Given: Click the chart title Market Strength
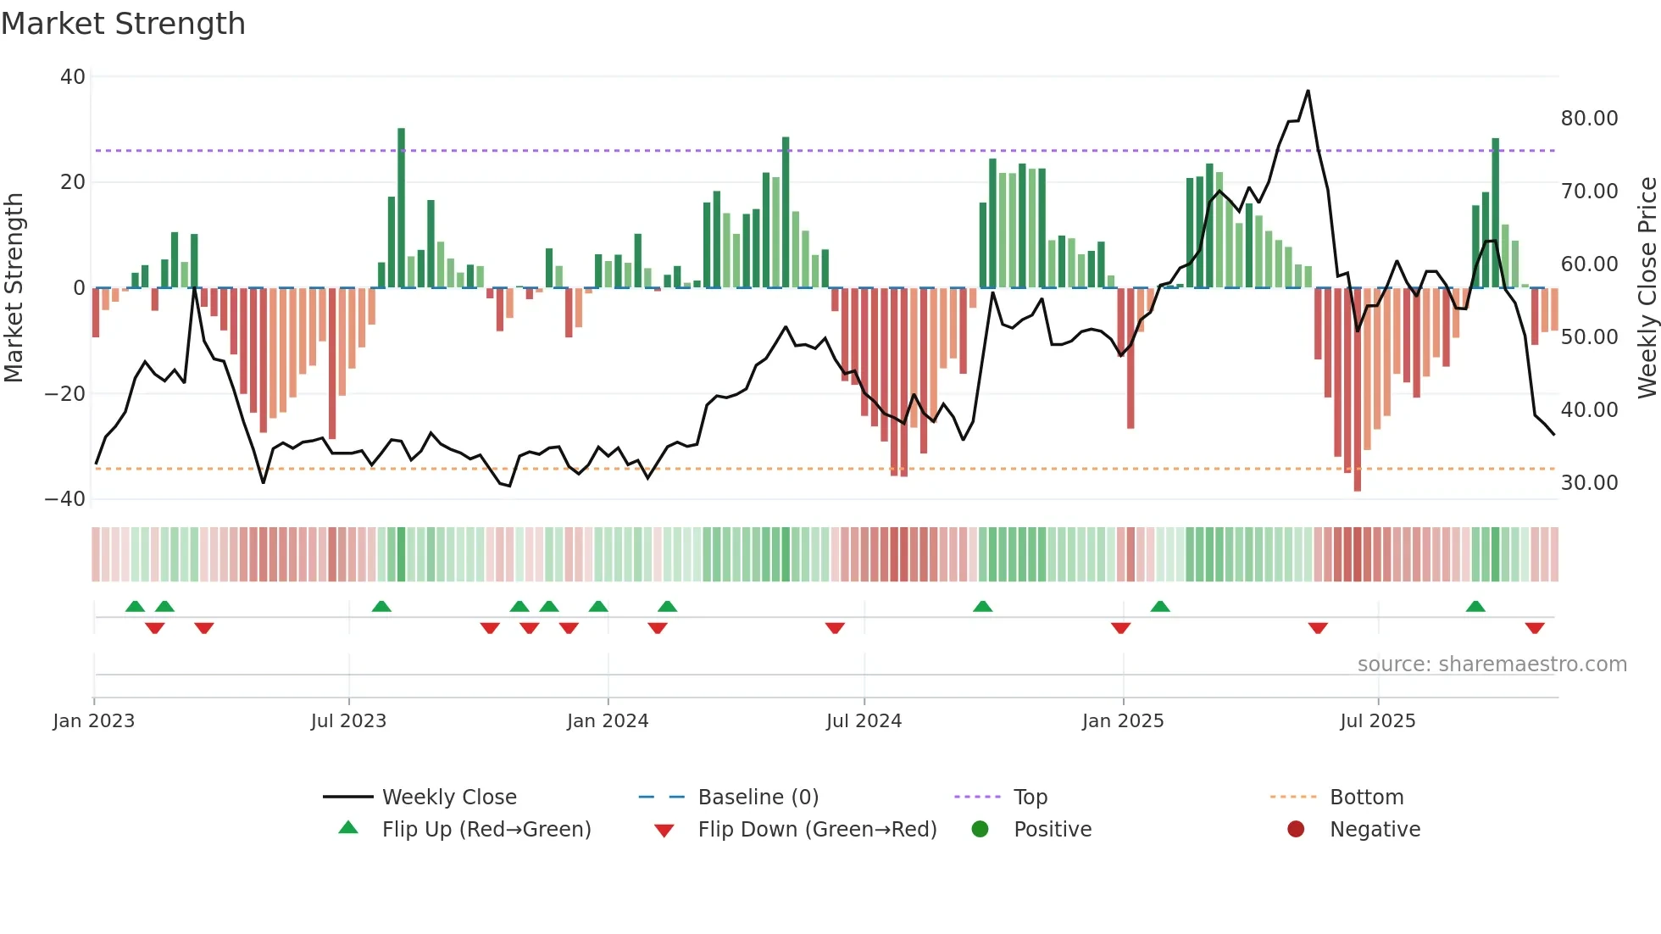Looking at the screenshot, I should tap(123, 24).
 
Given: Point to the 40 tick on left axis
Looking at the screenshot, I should tap(73, 77).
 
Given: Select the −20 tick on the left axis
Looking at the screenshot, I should tap(65, 394).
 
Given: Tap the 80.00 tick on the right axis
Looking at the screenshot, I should tap(1589, 119).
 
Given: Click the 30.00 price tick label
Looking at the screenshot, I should tap(1589, 483).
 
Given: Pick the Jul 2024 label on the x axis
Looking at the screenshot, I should tap(864, 721).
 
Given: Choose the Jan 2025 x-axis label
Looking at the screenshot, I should tap(1123, 721).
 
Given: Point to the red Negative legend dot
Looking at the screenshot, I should tap(1296, 830).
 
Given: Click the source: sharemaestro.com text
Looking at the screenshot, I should tap(1492, 664).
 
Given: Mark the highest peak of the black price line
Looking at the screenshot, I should tap(1308, 91).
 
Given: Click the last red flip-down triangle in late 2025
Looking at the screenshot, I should tap(1535, 628).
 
